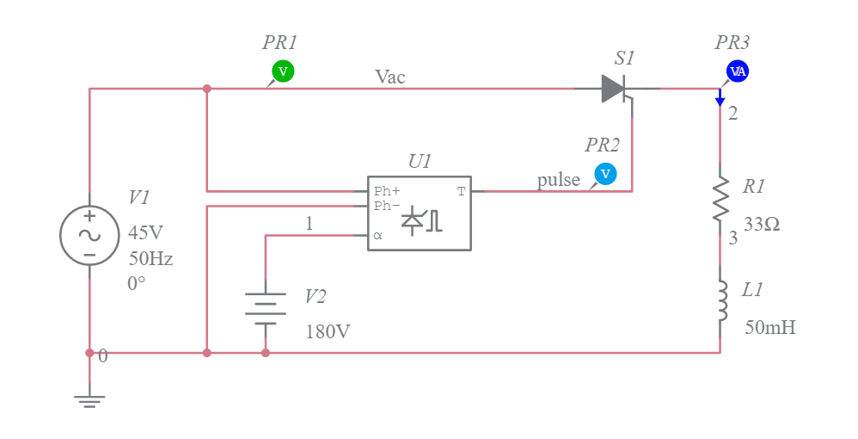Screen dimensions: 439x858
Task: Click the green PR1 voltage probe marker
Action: pyautogui.click(x=283, y=71)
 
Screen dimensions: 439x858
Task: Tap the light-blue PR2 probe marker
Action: pyautogui.click(x=605, y=174)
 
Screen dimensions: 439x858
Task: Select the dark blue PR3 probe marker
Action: pyautogui.click(x=737, y=71)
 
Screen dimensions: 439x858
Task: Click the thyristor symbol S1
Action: pyautogui.click(x=616, y=89)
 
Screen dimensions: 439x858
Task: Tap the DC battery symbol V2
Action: pyautogui.click(x=266, y=308)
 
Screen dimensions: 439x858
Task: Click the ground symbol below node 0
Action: pyautogui.click(x=89, y=398)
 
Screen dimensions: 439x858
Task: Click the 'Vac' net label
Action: pyautogui.click(x=389, y=77)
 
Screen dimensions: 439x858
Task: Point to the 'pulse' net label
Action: pyautogui.click(x=558, y=180)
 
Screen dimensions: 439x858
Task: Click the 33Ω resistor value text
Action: pyautogui.click(x=762, y=225)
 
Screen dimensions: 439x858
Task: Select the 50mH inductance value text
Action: pyautogui.click(x=769, y=327)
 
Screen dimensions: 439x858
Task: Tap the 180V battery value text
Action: pyautogui.click(x=328, y=331)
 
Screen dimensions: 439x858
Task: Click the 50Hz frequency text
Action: pyautogui.click(x=150, y=257)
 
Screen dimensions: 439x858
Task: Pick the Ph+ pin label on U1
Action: pyautogui.click(x=387, y=192)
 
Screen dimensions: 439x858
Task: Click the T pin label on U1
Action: pyautogui.click(x=461, y=192)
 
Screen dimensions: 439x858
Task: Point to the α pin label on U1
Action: pyautogui.click(x=377, y=235)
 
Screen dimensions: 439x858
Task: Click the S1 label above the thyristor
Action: pyautogui.click(x=624, y=59)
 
